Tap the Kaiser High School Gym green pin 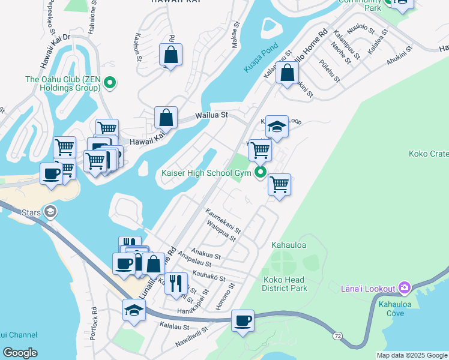point(261,173)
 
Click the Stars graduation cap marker point(50,211)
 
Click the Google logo point(20,353)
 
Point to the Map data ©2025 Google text point(411,355)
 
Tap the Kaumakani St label point(223,221)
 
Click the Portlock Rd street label point(94,324)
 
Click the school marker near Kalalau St point(134,311)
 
